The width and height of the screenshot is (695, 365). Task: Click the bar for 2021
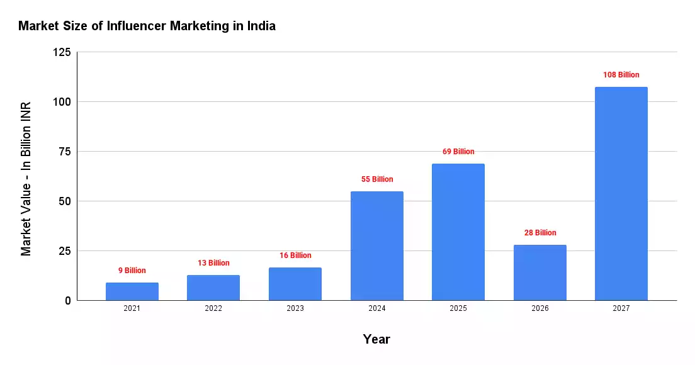(132, 291)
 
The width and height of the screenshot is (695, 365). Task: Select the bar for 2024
(376, 245)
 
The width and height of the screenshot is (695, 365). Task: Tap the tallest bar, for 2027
(621, 193)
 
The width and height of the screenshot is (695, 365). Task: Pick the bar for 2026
(540, 272)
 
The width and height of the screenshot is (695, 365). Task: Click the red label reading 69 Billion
(458, 152)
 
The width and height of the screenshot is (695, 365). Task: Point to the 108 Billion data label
(621, 75)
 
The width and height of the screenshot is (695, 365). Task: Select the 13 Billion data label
(213, 263)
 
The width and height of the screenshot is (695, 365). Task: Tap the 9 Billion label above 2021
(132, 271)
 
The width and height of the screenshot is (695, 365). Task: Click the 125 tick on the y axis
(62, 52)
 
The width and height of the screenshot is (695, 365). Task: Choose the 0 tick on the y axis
(68, 301)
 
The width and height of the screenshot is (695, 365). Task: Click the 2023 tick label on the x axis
(295, 308)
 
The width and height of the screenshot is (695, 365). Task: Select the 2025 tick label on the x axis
(458, 308)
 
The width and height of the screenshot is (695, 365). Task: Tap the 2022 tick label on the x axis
(213, 308)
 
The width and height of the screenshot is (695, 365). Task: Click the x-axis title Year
(376, 339)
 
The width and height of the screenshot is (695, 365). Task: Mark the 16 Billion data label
(295, 255)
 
